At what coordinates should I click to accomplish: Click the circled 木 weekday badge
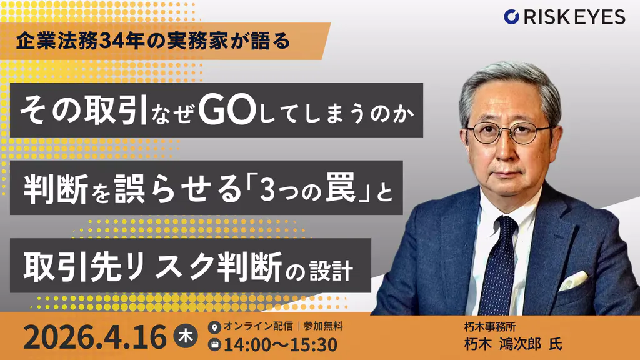pos(186,336)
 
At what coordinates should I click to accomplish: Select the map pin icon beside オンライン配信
pos(216,327)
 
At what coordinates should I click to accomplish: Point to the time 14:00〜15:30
pos(281,344)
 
